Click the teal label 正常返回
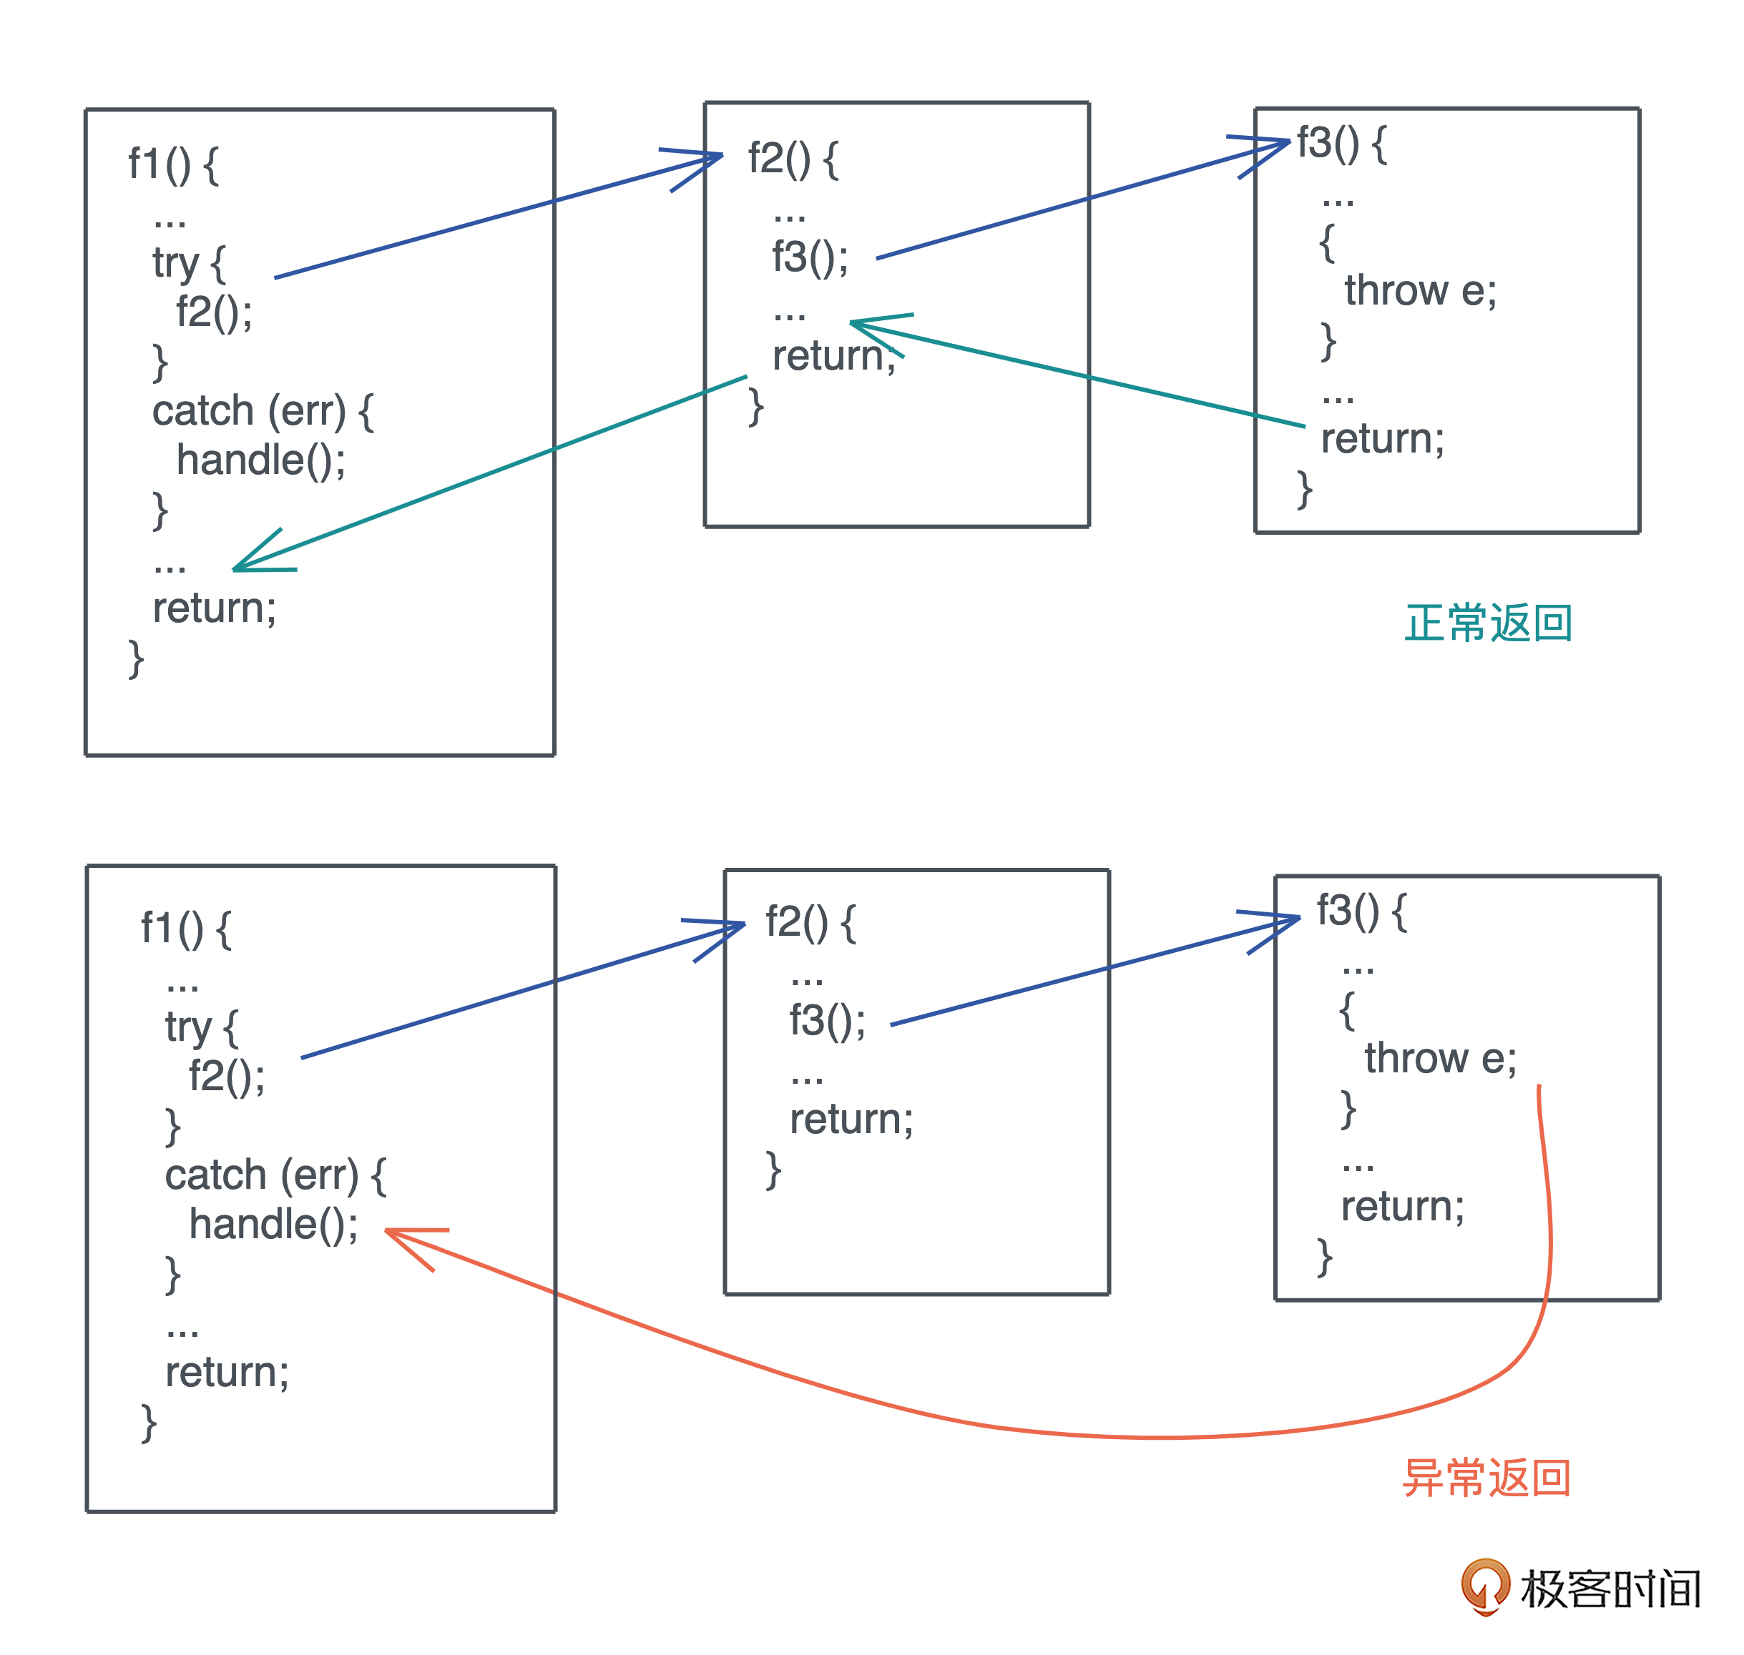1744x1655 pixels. [1487, 623]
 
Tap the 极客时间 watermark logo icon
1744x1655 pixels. [1485, 1586]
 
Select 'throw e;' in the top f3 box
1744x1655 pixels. [1420, 290]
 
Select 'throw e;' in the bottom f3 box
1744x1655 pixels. [1439, 1058]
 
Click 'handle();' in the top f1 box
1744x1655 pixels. [260, 460]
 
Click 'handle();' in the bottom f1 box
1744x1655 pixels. [273, 1225]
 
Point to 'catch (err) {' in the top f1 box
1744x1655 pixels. [262, 411]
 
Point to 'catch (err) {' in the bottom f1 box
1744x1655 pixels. [275, 1175]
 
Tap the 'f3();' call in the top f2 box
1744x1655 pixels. [809, 257]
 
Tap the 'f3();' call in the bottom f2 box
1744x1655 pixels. [827, 1021]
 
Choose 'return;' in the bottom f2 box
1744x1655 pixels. [851, 1120]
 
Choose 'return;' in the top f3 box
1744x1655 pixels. [1382, 438]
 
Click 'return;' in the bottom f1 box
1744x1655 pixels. [227, 1372]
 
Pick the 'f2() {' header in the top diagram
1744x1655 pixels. [793, 159]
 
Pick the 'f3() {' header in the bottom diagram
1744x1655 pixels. [1361, 909]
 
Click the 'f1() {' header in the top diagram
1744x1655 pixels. [173, 164]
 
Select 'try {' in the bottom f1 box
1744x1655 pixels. [201, 1027]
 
